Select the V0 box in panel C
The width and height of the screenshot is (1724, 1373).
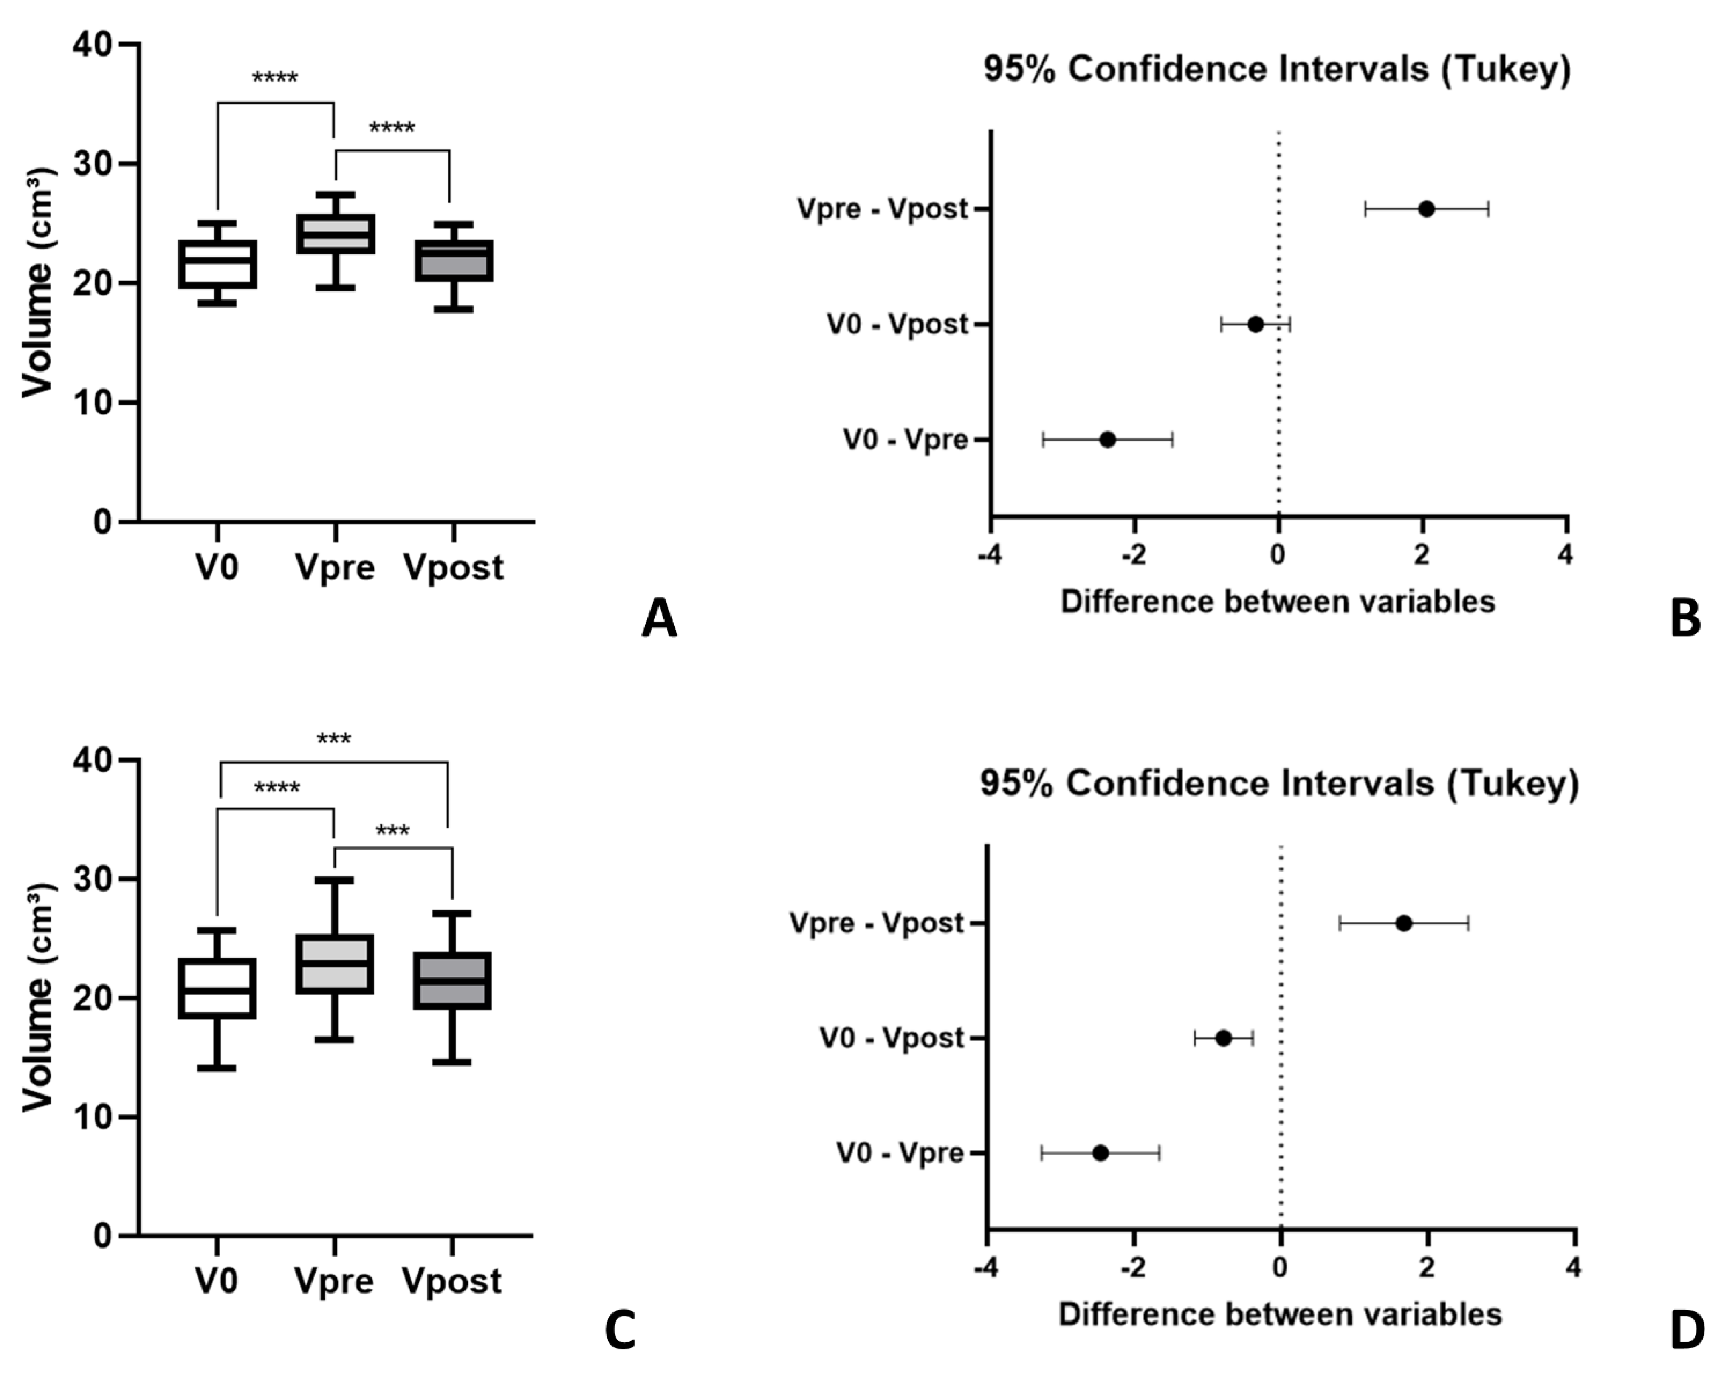(x=217, y=989)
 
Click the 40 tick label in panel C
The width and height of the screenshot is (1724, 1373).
(x=93, y=760)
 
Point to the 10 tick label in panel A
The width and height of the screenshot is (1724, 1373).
(x=93, y=402)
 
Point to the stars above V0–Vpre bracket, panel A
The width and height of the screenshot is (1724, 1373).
(x=275, y=78)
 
